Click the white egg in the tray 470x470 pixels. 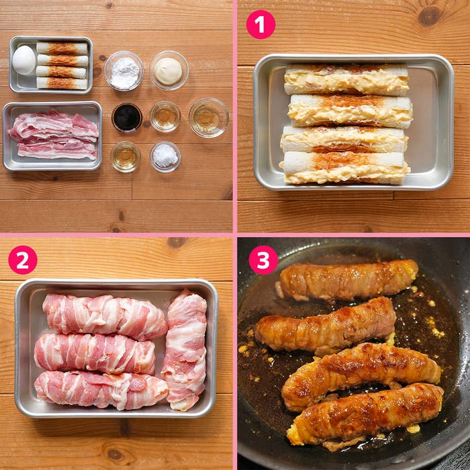[x=23, y=60]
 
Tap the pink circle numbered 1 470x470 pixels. [x=261, y=25]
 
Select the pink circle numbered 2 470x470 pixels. [x=23, y=260]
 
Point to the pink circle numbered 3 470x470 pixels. [x=263, y=260]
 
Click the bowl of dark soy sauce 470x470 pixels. [x=127, y=117]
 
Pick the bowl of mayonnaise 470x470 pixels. [x=169, y=70]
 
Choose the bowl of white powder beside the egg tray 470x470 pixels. [x=124, y=70]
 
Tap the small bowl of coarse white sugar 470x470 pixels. [x=165, y=156]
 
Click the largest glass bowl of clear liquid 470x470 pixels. [x=209, y=117]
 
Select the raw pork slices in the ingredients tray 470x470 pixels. [x=54, y=135]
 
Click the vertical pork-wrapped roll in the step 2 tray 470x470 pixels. [x=185, y=349]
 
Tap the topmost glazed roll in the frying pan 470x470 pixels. [x=348, y=280]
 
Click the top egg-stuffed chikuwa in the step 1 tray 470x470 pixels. [x=346, y=80]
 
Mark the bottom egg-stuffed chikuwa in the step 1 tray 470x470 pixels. [x=344, y=168]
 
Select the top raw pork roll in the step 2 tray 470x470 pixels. [x=105, y=316]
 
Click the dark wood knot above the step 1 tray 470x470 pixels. [x=429, y=15]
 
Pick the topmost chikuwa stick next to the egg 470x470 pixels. [x=62, y=48]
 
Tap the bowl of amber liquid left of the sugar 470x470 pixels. [x=126, y=156]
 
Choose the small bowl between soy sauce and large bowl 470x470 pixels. [x=165, y=117]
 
